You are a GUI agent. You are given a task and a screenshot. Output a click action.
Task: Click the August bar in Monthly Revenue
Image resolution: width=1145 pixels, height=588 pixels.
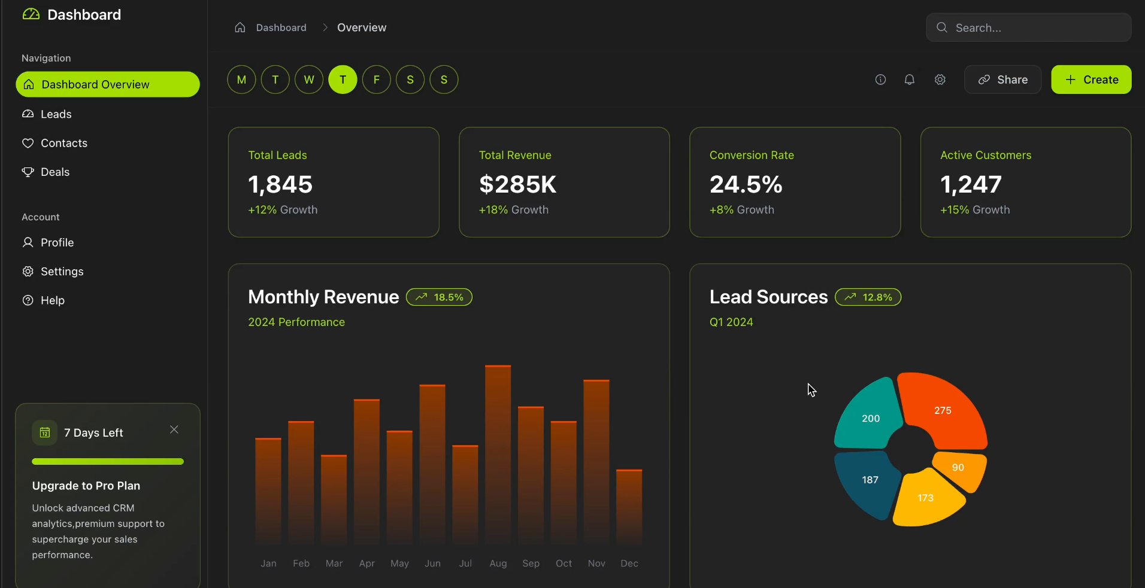(x=498, y=455)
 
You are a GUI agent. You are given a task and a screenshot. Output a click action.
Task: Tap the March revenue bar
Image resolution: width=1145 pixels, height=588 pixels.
(x=334, y=500)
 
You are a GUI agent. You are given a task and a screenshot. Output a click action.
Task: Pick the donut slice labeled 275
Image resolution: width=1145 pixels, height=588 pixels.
(x=942, y=410)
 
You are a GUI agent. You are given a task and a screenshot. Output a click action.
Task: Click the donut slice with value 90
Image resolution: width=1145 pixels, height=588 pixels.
(x=959, y=468)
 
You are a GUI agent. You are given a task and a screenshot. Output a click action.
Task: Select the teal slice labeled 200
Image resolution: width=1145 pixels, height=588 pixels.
(x=868, y=418)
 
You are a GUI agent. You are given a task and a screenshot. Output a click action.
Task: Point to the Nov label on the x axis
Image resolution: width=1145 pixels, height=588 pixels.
(x=596, y=563)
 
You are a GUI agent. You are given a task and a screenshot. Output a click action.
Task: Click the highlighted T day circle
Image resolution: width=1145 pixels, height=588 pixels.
(x=343, y=80)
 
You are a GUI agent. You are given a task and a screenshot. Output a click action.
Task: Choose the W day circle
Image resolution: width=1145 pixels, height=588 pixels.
(x=309, y=80)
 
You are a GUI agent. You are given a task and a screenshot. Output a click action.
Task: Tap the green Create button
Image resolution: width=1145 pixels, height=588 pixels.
(x=1091, y=80)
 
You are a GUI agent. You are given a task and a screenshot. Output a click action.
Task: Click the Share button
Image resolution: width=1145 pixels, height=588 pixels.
(x=1002, y=80)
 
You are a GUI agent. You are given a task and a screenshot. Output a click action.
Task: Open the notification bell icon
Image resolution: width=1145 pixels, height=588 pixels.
(x=909, y=80)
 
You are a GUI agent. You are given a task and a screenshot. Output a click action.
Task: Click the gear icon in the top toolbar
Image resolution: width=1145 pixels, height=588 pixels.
(x=940, y=80)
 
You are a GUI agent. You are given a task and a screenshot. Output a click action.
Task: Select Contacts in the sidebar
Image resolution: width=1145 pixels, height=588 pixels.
(x=64, y=143)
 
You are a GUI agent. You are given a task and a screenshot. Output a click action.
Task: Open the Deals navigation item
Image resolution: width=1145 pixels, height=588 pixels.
(x=55, y=172)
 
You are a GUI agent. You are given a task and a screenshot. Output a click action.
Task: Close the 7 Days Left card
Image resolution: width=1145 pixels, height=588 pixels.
(x=174, y=429)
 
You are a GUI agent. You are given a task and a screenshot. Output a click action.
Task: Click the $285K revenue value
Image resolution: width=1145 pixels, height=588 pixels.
(x=518, y=184)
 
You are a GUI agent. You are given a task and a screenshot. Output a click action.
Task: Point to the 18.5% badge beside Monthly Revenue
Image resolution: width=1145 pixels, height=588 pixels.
(x=439, y=297)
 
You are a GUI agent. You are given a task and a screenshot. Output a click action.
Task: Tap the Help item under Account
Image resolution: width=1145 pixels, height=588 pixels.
(x=52, y=300)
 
